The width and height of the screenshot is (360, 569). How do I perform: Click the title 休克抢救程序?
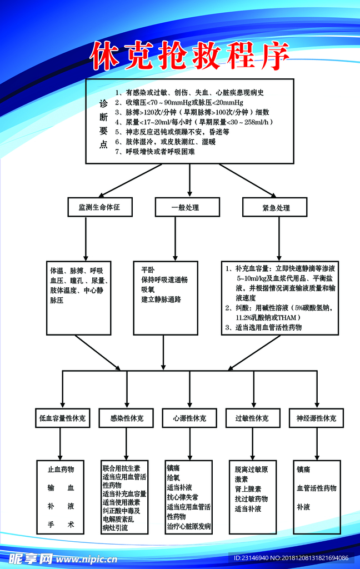click(190, 56)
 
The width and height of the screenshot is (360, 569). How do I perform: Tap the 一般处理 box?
click(186, 208)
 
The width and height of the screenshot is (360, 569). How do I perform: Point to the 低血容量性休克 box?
click(62, 418)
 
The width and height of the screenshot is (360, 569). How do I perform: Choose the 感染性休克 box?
click(126, 418)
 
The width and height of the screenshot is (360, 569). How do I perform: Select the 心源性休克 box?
click(189, 418)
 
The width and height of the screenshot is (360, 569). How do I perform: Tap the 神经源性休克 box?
click(316, 418)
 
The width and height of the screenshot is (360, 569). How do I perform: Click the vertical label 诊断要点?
click(103, 124)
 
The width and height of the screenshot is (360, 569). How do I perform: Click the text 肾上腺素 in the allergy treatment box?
click(248, 489)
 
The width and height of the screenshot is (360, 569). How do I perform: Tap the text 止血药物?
click(61, 470)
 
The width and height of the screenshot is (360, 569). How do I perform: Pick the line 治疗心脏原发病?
click(189, 526)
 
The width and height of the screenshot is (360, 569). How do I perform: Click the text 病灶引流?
click(115, 528)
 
